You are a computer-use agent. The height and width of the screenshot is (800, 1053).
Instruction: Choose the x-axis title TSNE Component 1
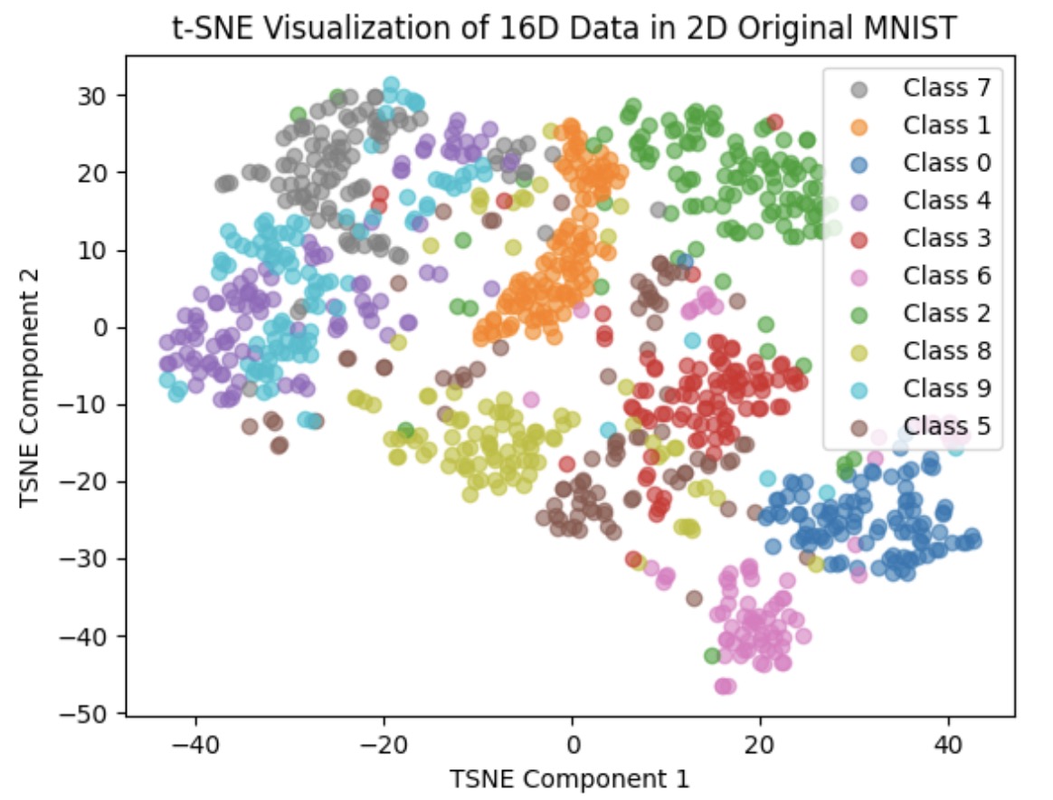coord(571,777)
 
